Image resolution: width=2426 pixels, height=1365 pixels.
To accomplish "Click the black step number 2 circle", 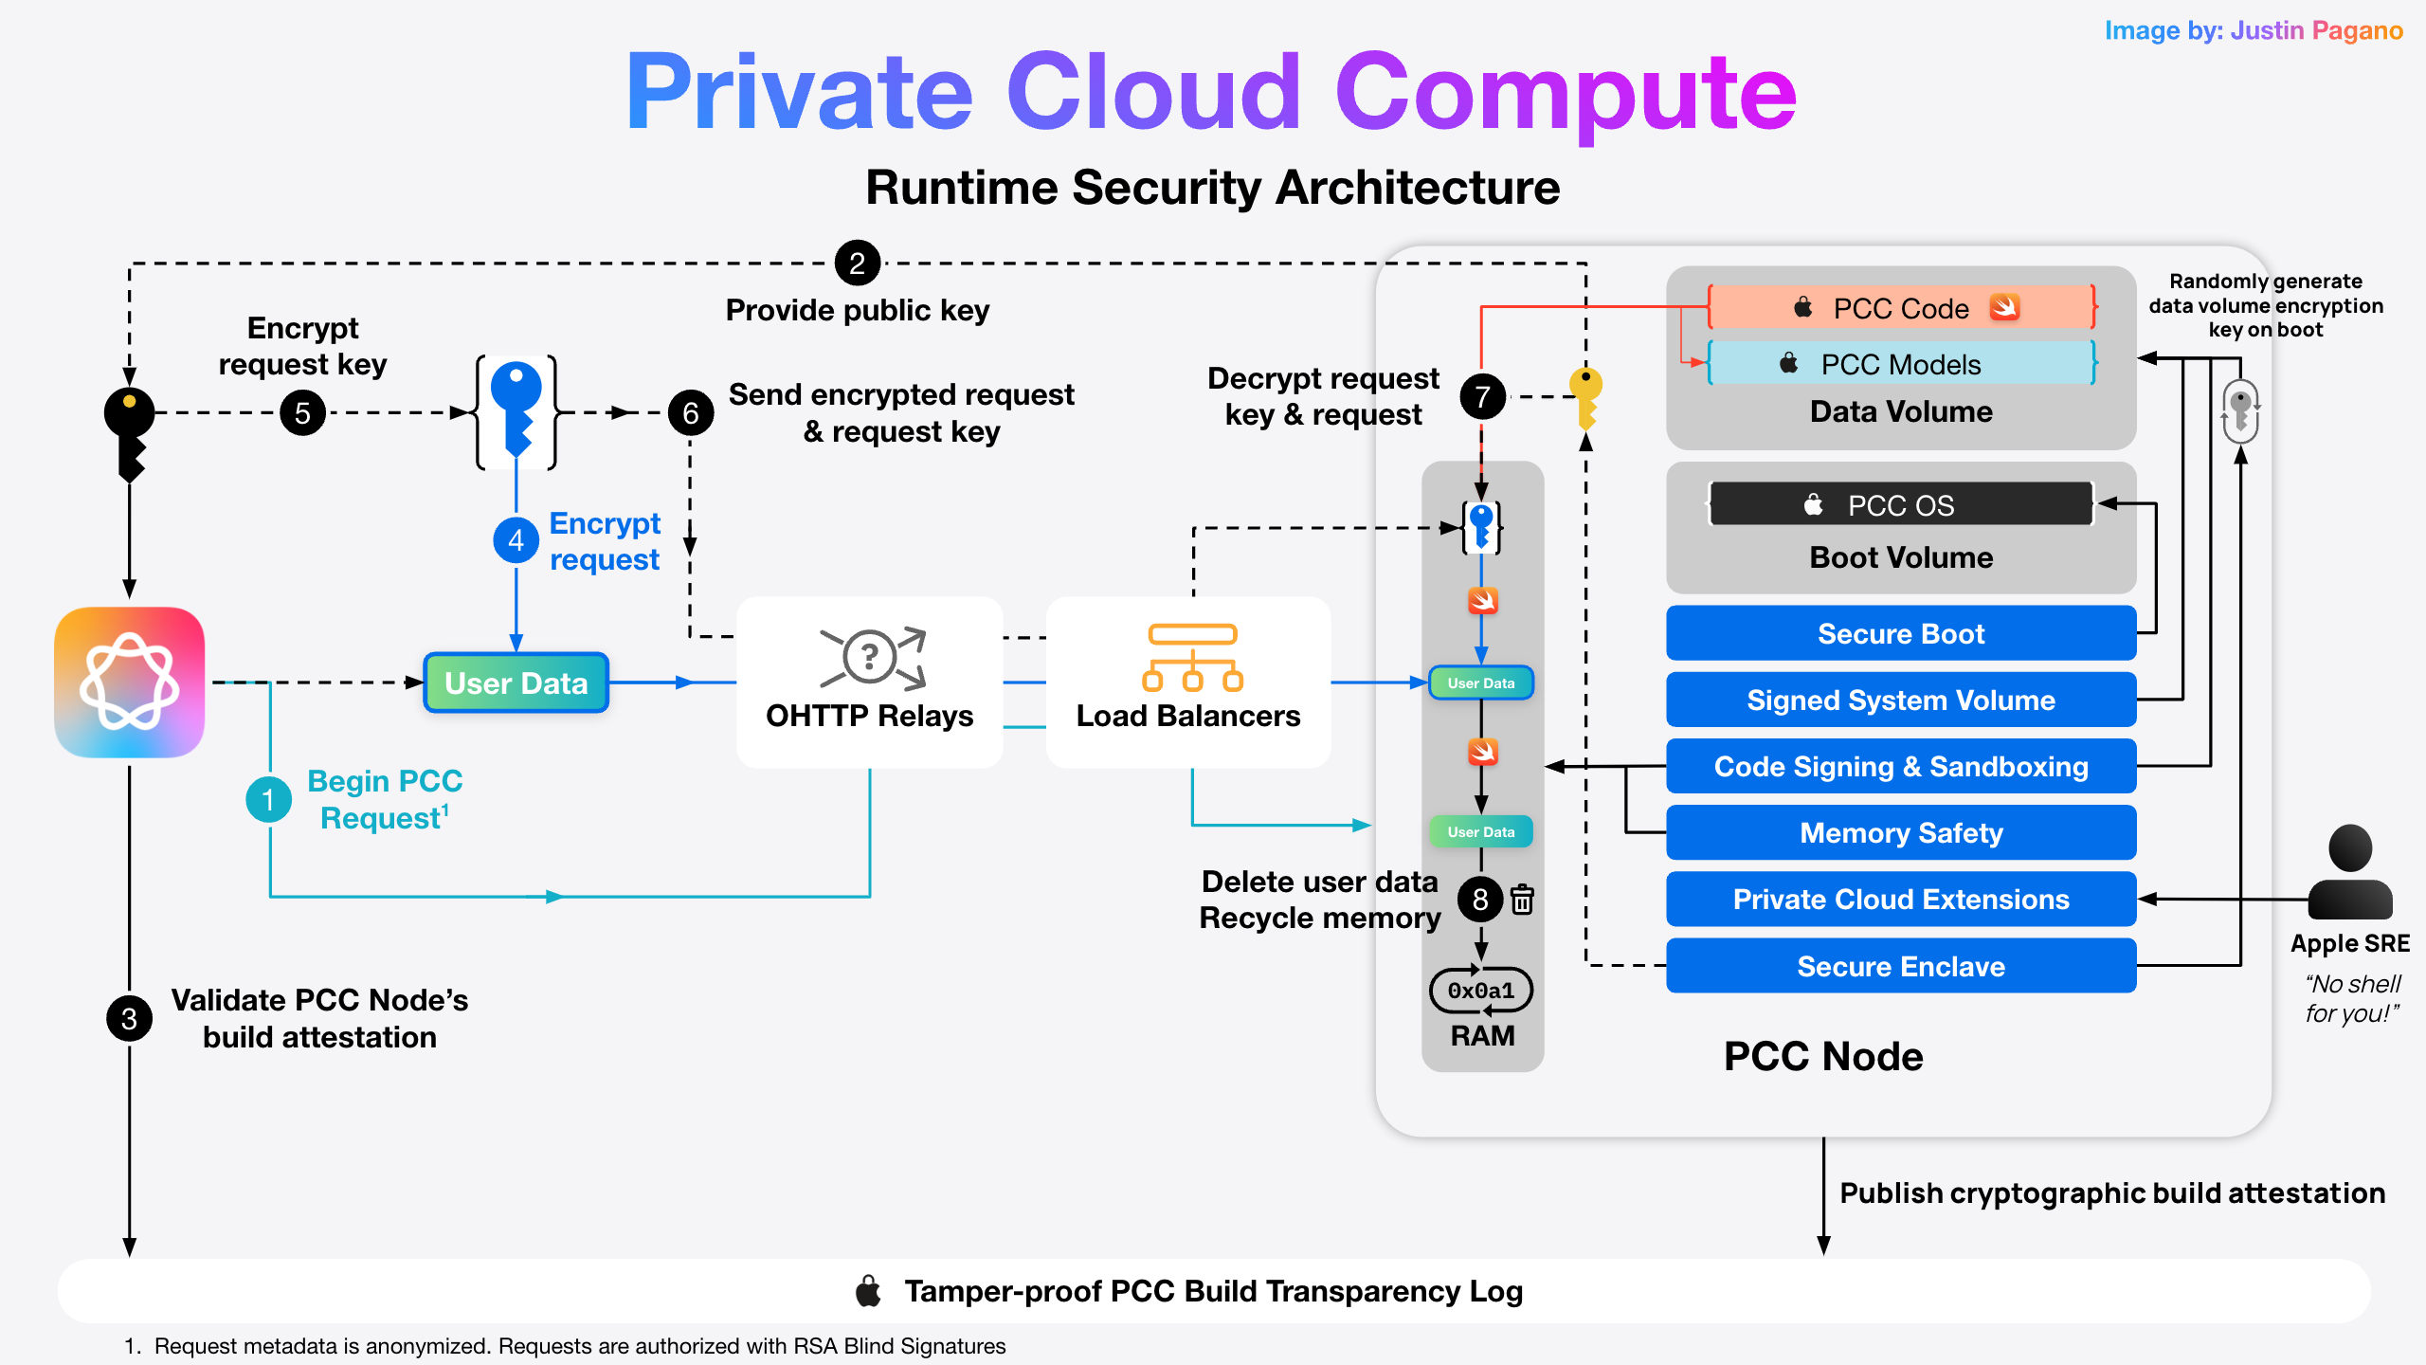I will click(x=857, y=263).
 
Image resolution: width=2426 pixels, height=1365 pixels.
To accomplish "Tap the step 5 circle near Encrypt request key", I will click(x=302, y=413).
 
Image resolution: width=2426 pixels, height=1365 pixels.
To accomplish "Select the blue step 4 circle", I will click(x=516, y=540).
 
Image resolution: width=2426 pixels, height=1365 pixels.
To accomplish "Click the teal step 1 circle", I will click(x=268, y=799).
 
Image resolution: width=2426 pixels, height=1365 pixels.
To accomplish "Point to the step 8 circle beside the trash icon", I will click(x=1480, y=900).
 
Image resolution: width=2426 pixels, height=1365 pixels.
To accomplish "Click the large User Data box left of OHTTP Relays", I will click(x=516, y=682).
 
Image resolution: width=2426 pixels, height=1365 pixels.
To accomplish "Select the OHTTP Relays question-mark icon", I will click(x=870, y=656).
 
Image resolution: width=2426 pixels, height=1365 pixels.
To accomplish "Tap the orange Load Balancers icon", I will click(x=1191, y=656).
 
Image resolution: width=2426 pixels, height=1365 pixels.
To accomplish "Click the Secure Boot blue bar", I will click(x=1900, y=633).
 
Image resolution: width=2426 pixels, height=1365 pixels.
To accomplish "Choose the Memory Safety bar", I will click(x=1900, y=832).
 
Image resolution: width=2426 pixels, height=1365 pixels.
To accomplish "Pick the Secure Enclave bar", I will click(x=1900, y=966).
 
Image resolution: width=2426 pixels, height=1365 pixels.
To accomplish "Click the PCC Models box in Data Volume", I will click(x=1900, y=364).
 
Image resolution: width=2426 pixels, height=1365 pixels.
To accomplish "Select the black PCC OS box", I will click(x=1900, y=504).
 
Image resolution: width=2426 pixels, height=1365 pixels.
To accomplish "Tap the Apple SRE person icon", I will click(x=2349, y=872).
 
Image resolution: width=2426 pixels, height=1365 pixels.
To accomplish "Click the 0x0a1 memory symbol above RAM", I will click(x=1480, y=991).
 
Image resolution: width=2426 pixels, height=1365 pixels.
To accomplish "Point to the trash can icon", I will click(x=1522, y=900).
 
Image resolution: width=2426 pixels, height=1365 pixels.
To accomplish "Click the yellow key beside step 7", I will click(x=1585, y=396).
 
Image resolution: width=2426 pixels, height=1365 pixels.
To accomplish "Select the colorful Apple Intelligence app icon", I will click(x=130, y=682).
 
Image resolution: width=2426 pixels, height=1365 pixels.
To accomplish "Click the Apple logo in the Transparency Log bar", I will click(x=868, y=1291).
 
